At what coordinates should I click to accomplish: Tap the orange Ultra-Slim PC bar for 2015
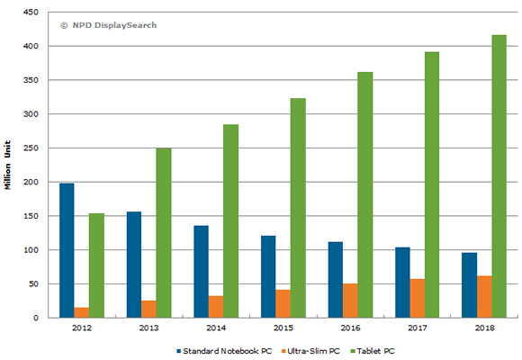[283, 303]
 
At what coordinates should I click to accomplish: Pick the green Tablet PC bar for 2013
[163, 233]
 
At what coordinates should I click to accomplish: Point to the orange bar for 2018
[484, 297]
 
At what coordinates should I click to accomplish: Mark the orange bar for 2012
[82, 312]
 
